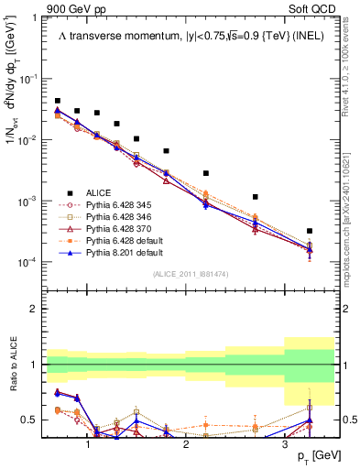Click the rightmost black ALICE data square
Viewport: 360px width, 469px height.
point(310,231)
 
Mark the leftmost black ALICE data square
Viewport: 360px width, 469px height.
point(57,101)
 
